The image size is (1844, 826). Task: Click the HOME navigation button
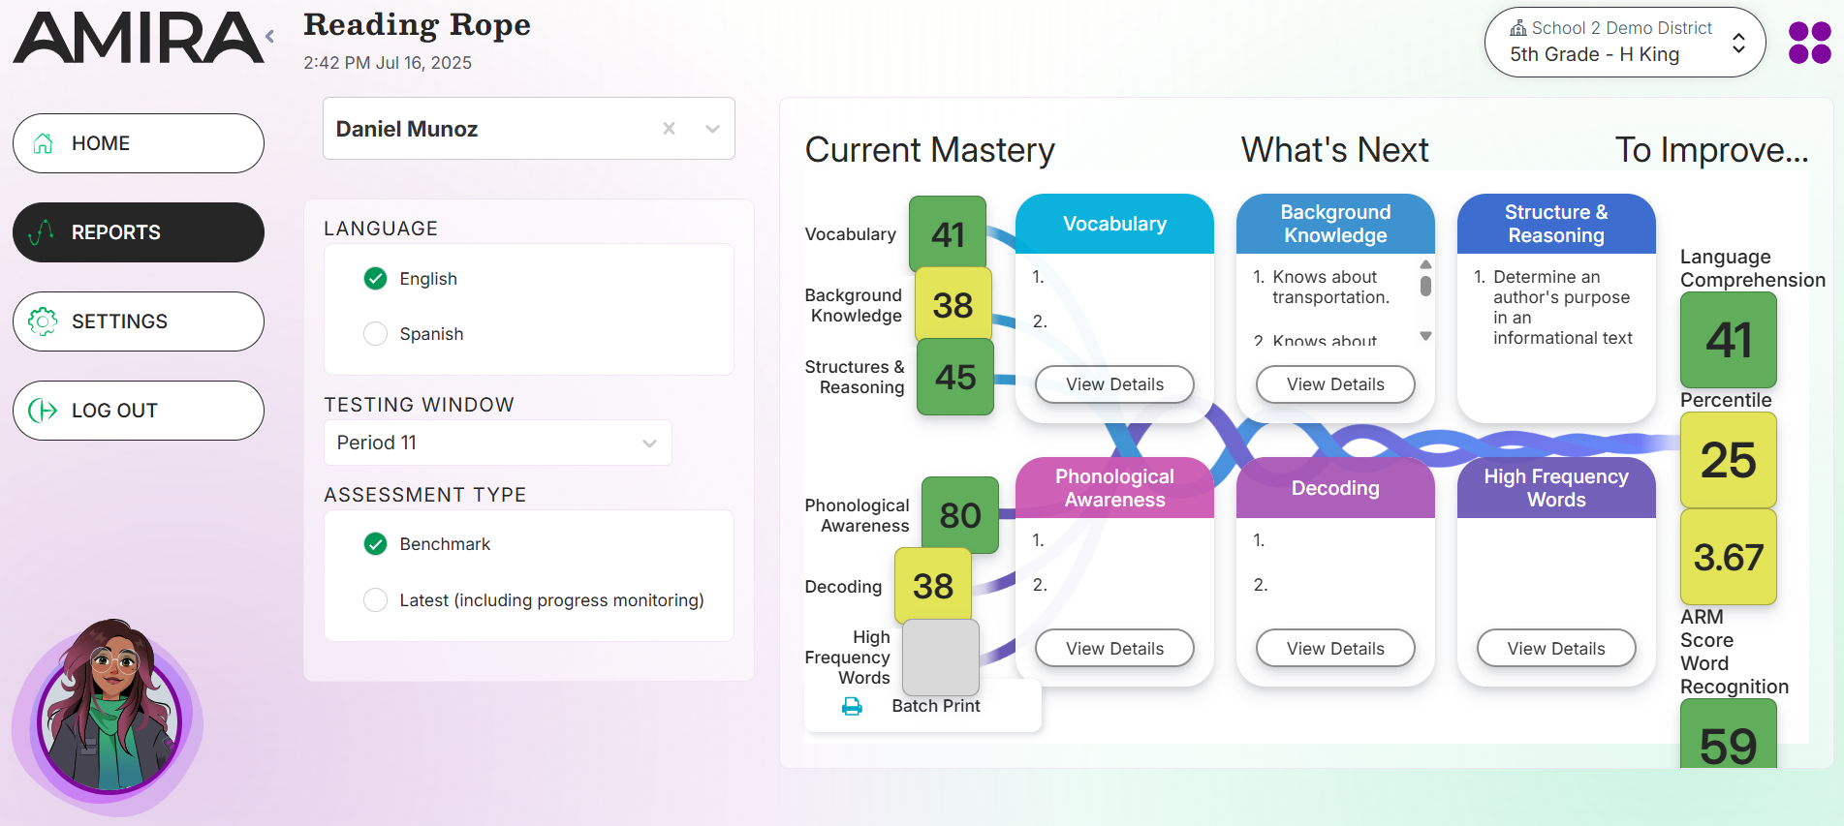139,143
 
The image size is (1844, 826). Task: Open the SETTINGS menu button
139,321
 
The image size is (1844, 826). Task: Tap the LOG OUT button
139,411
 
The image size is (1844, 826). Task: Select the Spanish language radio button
375,334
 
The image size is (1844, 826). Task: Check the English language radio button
375,279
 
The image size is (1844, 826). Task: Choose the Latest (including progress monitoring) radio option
375,600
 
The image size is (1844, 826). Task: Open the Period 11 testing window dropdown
497,443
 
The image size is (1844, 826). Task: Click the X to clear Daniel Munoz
669,129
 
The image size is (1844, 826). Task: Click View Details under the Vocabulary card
1114,384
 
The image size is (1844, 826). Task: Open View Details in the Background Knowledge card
1335,384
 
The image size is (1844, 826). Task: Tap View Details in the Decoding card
1335,649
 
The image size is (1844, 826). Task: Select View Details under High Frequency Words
1556,649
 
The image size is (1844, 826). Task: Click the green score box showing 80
959,515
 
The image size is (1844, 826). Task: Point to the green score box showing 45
955,377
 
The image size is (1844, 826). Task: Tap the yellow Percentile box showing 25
1728,460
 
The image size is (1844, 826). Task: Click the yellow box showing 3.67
1728,557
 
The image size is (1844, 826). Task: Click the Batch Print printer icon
852,707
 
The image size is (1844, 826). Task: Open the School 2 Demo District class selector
1625,43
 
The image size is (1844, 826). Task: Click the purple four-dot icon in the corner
1809,43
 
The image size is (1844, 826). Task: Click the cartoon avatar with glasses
109,712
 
